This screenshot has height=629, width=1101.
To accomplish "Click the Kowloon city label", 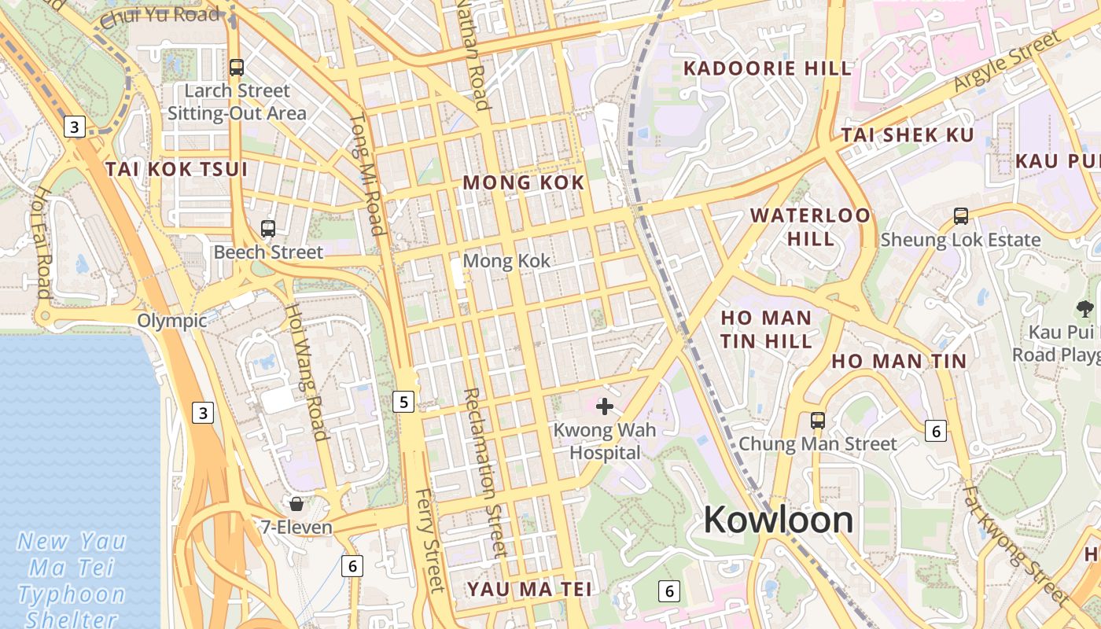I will tap(778, 520).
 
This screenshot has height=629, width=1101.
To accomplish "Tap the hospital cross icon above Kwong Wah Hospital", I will tap(604, 406).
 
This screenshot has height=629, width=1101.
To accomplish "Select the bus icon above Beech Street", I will tap(268, 229).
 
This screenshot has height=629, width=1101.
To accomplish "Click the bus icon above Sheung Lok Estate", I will tap(960, 215).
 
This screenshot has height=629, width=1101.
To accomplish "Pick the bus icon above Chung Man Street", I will tap(818, 421).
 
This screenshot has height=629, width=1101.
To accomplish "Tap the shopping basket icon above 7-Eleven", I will tap(296, 503).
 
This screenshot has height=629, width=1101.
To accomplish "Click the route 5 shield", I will tap(403, 403).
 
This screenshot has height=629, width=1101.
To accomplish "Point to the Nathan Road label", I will tap(474, 55).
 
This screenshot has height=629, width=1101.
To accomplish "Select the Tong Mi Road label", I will tap(367, 175).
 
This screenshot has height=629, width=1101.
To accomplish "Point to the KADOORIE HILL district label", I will tap(768, 68).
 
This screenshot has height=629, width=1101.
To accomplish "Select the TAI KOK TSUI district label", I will tap(176, 169).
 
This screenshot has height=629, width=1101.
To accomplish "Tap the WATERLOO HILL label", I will tap(810, 226).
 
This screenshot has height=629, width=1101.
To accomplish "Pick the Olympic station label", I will tap(172, 321).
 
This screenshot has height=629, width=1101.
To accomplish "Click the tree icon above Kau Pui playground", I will tap(1084, 309).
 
